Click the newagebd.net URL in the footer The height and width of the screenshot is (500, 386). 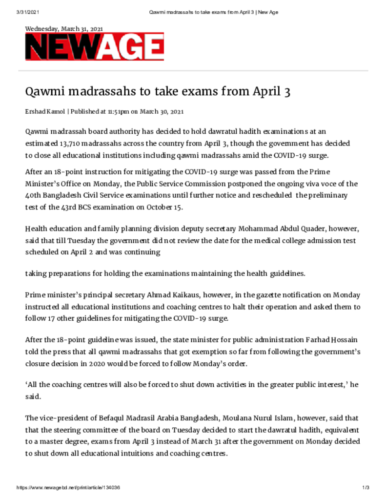(x=68, y=488)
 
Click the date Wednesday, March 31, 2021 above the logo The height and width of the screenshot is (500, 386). (x=64, y=29)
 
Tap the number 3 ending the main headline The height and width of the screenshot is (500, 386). (x=287, y=91)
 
